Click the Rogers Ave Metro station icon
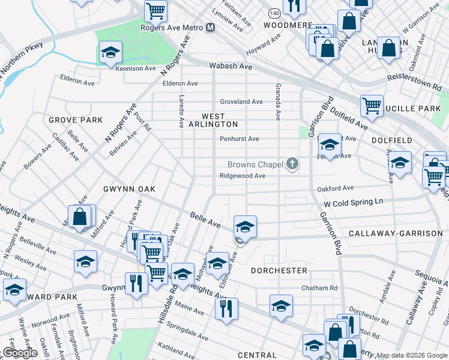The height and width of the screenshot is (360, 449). click(210, 27)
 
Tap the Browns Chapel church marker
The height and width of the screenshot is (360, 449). click(292, 164)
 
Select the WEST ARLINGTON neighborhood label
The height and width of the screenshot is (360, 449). click(213, 120)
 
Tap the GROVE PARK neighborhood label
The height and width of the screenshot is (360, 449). click(76, 121)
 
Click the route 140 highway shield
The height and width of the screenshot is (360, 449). click(274, 12)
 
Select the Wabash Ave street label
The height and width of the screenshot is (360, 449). click(230, 67)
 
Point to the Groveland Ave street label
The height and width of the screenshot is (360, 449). click(241, 102)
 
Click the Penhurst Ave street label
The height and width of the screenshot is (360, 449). click(239, 139)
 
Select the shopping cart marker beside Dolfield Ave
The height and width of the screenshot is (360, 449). click(372, 106)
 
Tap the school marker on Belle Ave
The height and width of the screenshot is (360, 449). click(245, 227)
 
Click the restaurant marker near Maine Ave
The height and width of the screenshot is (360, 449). click(226, 308)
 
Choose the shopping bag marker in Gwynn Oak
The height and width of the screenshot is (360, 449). click(80, 216)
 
